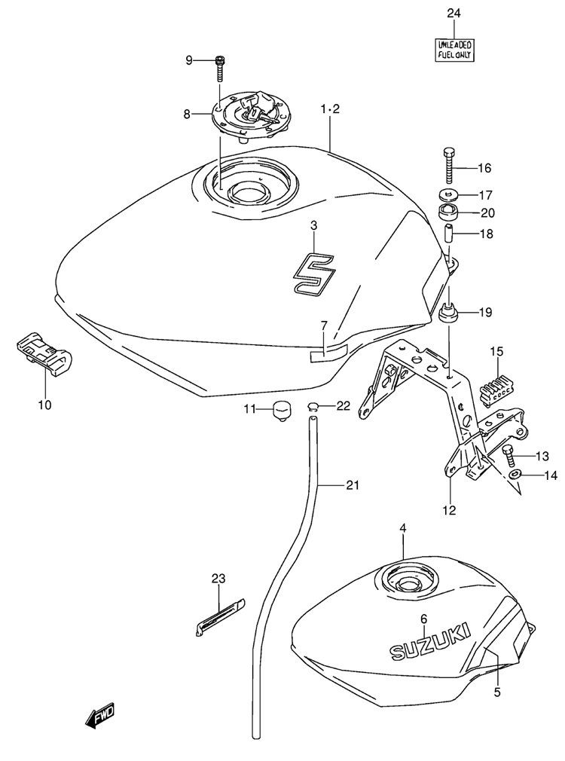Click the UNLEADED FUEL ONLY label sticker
point(454,50)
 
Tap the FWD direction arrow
point(100,715)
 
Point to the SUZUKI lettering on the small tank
point(431,640)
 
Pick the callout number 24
point(454,13)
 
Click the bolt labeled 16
point(448,164)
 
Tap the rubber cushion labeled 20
point(448,212)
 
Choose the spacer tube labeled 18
point(450,234)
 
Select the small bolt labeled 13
point(508,455)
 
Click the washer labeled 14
point(515,474)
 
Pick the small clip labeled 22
point(313,405)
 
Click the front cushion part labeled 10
point(44,353)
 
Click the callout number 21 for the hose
point(353,484)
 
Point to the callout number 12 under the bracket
point(450,509)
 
